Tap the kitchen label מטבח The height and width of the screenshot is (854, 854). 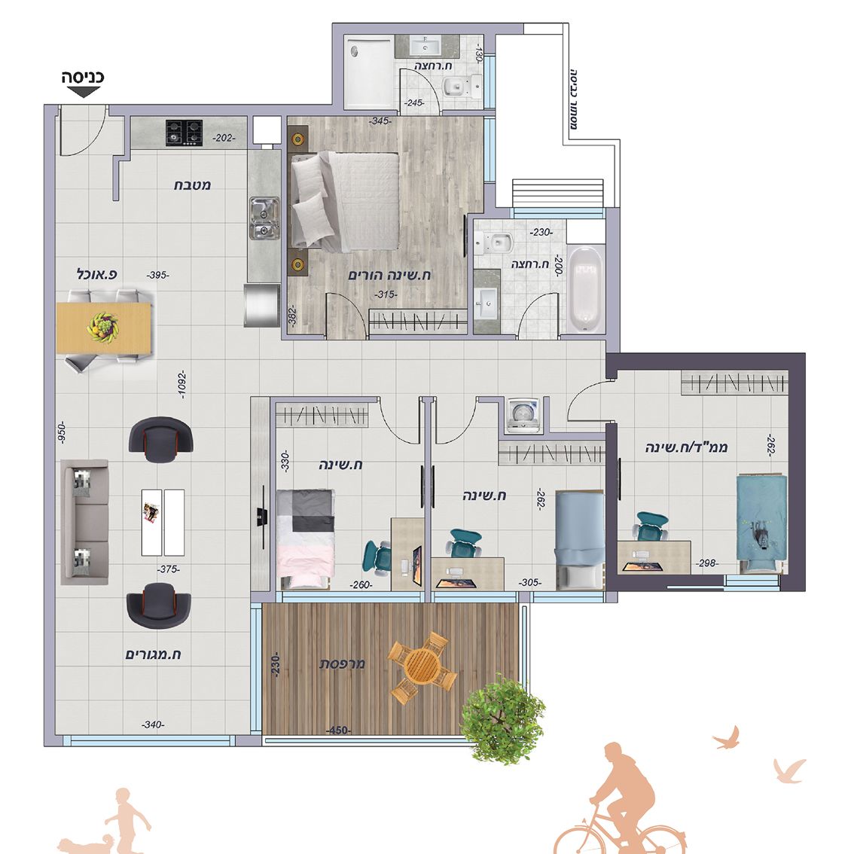click(192, 185)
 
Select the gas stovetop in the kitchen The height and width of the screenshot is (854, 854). click(184, 133)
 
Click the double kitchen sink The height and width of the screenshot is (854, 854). click(264, 218)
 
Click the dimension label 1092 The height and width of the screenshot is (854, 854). click(182, 385)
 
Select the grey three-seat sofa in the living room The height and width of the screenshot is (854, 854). click(84, 523)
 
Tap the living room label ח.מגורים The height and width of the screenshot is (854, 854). click(153, 654)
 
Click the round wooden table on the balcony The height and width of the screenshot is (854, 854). click(422, 666)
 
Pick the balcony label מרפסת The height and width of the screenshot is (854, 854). click(342, 664)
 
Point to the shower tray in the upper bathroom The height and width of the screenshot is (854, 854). click(369, 72)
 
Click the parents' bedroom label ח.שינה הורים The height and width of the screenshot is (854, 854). click(389, 275)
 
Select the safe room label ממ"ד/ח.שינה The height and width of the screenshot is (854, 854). click(687, 447)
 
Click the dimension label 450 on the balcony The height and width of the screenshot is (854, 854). click(338, 730)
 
